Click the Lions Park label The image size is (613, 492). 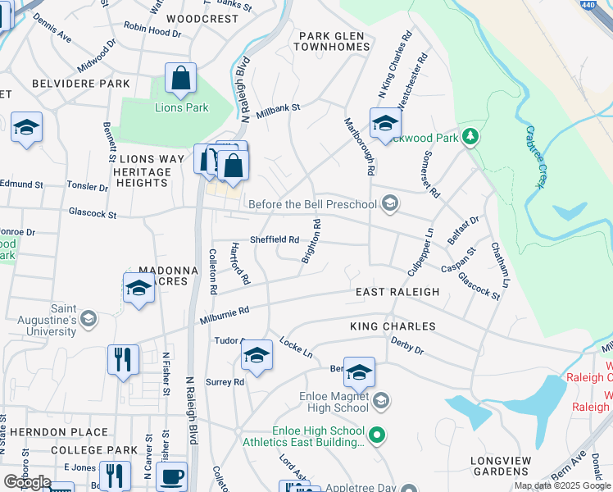[x=182, y=107]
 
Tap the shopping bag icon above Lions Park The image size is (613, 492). [x=180, y=80]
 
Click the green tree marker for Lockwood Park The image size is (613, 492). [x=470, y=136]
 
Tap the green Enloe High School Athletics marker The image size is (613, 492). [x=377, y=434]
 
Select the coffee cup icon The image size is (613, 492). [x=171, y=476]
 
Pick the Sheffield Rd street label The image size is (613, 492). [x=274, y=239]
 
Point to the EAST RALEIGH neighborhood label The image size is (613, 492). [x=397, y=292]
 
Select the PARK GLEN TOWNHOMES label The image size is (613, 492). [x=334, y=41]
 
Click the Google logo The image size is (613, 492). [x=27, y=482]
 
